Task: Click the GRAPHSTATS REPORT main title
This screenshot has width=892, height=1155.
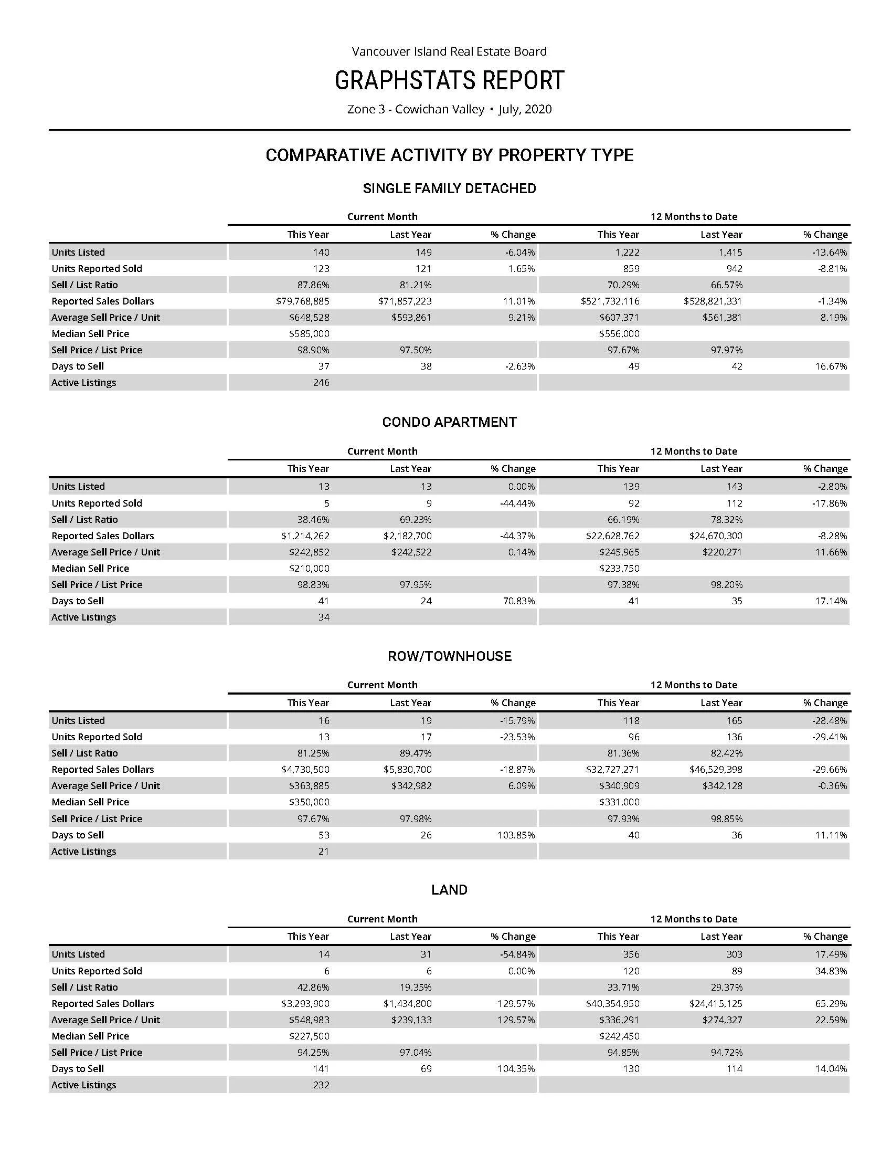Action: pyautogui.click(x=449, y=81)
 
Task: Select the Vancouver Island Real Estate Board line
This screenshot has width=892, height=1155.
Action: pyautogui.click(x=449, y=51)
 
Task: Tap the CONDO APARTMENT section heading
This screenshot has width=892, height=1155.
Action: pyautogui.click(x=449, y=422)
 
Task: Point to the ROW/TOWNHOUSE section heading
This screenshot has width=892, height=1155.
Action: pyautogui.click(x=449, y=656)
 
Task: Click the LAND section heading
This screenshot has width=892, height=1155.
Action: pyautogui.click(x=449, y=890)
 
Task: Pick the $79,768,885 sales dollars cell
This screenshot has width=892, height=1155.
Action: pyautogui.click(x=302, y=301)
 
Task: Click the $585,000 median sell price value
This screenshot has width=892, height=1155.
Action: pyautogui.click(x=309, y=334)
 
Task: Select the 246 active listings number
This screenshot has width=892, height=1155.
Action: pyautogui.click(x=321, y=382)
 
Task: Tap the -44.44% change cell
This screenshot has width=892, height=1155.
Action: pyautogui.click(x=517, y=503)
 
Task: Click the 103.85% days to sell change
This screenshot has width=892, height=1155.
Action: pyautogui.click(x=516, y=835)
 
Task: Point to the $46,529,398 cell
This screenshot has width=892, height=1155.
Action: pyautogui.click(x=716, y=770)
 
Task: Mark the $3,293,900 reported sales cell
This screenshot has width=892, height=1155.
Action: pyautogui.click(x=305, y=1004)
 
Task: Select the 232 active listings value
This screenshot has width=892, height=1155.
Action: pyautogui.click(x=321, y=1085)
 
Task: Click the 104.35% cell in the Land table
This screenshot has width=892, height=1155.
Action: pyautogui.click(x=516, y=1069)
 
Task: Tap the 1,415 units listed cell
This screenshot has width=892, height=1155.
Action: pyautogui.click(x=730, y=252)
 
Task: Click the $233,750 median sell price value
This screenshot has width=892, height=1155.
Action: pyautogui.click(x=619, y=569)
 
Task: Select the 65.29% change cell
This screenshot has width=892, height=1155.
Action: pyautogui.click(x=831, y=1004)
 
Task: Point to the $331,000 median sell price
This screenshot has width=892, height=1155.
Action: pyautogui.click(x=619, y=802)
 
